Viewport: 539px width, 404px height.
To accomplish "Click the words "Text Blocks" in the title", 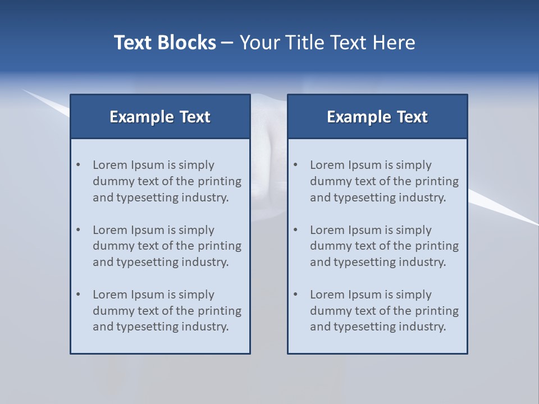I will click(165, 43).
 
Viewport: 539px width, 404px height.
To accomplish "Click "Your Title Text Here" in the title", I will click(327, 43).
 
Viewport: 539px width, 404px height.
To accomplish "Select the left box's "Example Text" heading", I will click(160, 117).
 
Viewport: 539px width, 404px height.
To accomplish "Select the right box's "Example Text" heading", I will click(377, 117).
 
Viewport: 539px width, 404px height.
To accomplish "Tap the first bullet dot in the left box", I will click(79, 165).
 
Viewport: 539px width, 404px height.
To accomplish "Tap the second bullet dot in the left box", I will click(79, 230).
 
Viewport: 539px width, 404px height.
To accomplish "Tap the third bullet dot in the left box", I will click(79, 295).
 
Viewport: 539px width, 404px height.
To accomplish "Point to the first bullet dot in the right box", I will click(296, 165).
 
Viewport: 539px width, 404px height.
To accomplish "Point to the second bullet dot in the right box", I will click(296, 230).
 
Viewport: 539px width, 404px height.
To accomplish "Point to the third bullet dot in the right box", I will click(296, 295).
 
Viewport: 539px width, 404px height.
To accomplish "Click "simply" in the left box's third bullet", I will click(197, 295).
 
